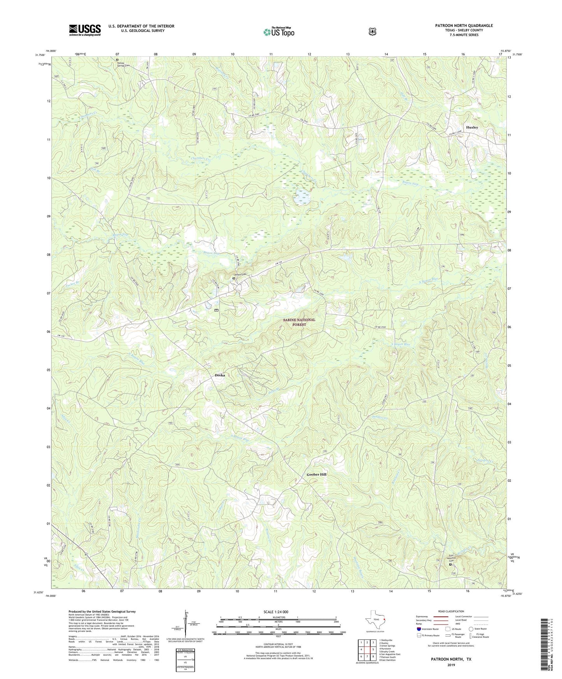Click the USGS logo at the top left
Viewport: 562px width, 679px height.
click(x=85, y=30)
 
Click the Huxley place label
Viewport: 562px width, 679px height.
click(x=472, y=127)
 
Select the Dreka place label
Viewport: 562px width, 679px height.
click(x=220, y=375)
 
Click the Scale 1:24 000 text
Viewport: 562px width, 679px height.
click(x=276, y=612)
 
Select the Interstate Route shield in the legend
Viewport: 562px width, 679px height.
click(x=418, y=628)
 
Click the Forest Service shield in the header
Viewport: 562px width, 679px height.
click(x=372, y=31)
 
